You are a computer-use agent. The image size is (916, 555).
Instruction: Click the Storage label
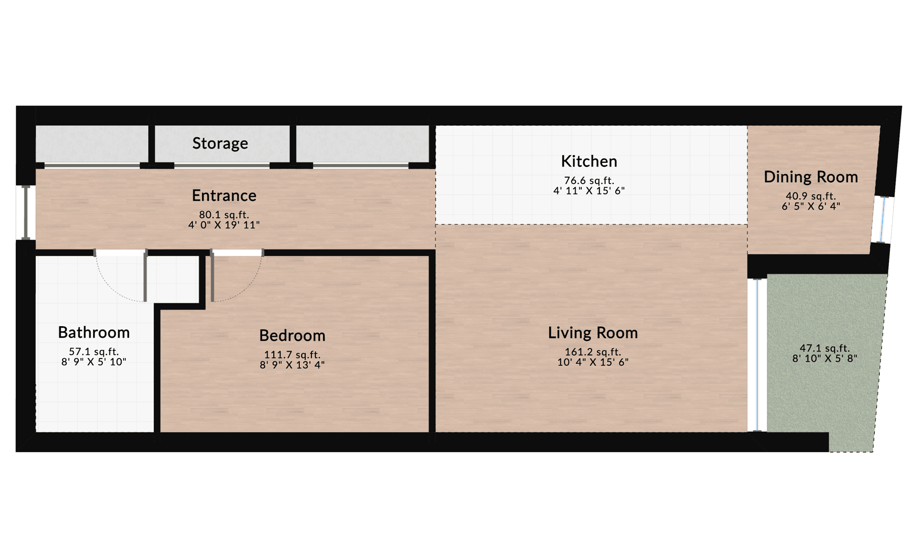tap(220, 143)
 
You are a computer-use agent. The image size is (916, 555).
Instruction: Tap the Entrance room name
tap(224, 195)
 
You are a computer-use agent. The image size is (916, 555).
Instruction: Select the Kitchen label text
tap(589, 161)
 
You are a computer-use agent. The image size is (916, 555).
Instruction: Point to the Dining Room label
tap(811, 177)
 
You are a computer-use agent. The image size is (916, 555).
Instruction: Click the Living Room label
tap(593, 333)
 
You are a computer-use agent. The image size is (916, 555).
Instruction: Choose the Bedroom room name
tap(292, 336)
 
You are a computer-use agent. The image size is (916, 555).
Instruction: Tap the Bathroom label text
tap(94, 333)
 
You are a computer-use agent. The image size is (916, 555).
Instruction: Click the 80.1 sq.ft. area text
tap(224, 215)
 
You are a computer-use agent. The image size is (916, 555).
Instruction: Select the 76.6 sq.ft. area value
tap(589, 181)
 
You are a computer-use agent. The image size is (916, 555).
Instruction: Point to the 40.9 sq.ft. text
tap(811, 196)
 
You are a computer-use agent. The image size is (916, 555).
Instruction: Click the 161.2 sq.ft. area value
tap(593, 352)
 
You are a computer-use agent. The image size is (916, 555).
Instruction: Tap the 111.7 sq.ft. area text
tap(292, 355)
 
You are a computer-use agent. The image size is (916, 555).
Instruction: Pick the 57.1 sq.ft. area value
tap(94, 352)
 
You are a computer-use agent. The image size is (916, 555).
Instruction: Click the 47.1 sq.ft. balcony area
tap(824, 348)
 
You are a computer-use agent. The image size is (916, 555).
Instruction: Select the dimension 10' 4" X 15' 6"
tap(593, 362)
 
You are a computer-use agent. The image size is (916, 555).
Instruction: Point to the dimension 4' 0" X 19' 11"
tap(224, 225)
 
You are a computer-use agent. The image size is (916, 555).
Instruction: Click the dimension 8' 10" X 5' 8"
tap(824, 359)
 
